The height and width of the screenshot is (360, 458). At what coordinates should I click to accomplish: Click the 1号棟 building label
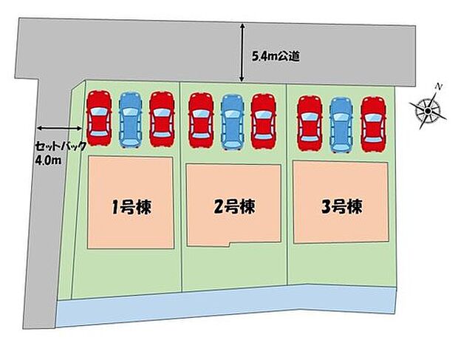[x=131, y=207]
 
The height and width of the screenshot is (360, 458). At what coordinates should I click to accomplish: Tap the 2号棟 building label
[x=235, y=206]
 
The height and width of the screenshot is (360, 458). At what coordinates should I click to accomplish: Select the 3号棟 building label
[x=342, y=206]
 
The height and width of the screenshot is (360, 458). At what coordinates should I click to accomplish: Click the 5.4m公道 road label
[x=276, y=56]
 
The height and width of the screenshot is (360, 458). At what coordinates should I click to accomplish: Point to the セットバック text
[x=61, y=146]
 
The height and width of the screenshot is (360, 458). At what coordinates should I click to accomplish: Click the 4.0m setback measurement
[x=48, y=160]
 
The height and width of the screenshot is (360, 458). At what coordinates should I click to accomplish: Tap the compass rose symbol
[x=428, y=110]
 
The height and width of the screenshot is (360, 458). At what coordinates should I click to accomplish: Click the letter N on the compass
[x=438, y=86]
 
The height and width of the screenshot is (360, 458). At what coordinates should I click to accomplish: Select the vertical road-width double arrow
[x=242, y=52]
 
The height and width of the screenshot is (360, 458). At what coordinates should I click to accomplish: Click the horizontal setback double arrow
[x=58, y=128]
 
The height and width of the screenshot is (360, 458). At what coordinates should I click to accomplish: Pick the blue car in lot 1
[x=131, y=119]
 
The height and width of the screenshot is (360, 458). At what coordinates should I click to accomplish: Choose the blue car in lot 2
[x=232, y=122]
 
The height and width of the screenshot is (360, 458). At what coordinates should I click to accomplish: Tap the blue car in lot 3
[x=341, y=125]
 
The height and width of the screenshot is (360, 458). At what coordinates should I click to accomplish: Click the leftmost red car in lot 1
[x=99, y=118]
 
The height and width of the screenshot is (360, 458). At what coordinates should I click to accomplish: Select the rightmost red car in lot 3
[x=373, y=124]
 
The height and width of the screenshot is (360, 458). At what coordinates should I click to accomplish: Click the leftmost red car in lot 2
[x=201, y=120]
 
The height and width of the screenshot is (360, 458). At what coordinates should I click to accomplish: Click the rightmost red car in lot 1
[x=162, y=119]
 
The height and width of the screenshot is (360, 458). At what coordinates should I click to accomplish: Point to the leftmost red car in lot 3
[x=310, y=123]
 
